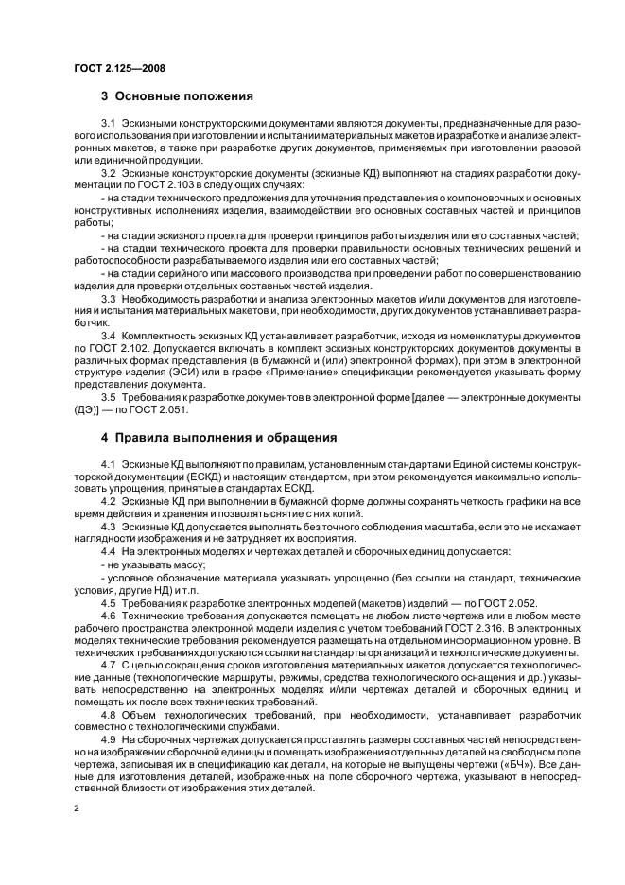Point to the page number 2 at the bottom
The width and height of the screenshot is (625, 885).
pos(77,807)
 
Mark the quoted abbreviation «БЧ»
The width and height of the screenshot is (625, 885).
pos(516,762)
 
